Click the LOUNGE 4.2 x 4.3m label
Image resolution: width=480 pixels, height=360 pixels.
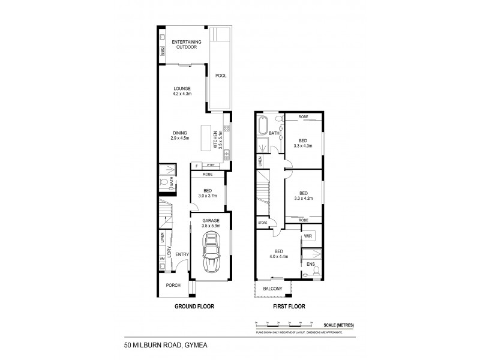[x=181, y=91]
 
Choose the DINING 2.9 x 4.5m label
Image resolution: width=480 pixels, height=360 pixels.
[x=180, y=136]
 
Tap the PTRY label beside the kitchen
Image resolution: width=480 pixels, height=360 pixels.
[x=210, y=165]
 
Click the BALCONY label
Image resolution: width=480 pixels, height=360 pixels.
[x=273, y=289]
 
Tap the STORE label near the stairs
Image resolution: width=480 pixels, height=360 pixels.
[x=263, y=223]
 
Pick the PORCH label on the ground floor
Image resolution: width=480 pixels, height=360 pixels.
[x=173, y=285]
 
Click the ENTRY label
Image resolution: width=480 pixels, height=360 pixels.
[x=182, y=254]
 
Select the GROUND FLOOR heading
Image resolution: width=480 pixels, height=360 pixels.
[x=194, y=307]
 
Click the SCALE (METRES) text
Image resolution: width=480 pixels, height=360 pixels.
[x=340, y=325]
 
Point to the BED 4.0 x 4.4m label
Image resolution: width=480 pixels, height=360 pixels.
[x=278, y=254]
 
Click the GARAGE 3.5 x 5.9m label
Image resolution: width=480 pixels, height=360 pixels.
[x=210, y=223]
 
